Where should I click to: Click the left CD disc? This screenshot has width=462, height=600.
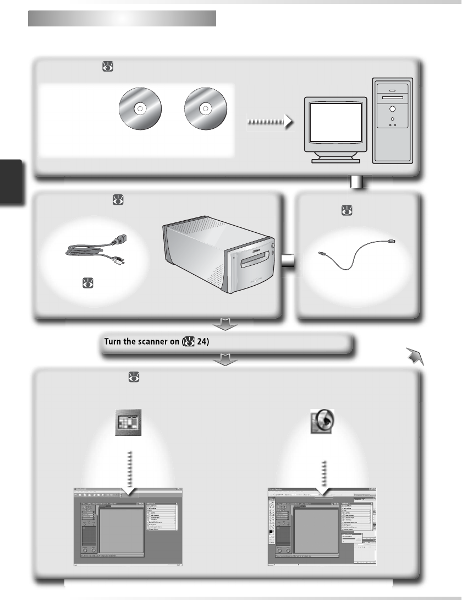[140, 109]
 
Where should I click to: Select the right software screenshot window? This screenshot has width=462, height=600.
[322, 526]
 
